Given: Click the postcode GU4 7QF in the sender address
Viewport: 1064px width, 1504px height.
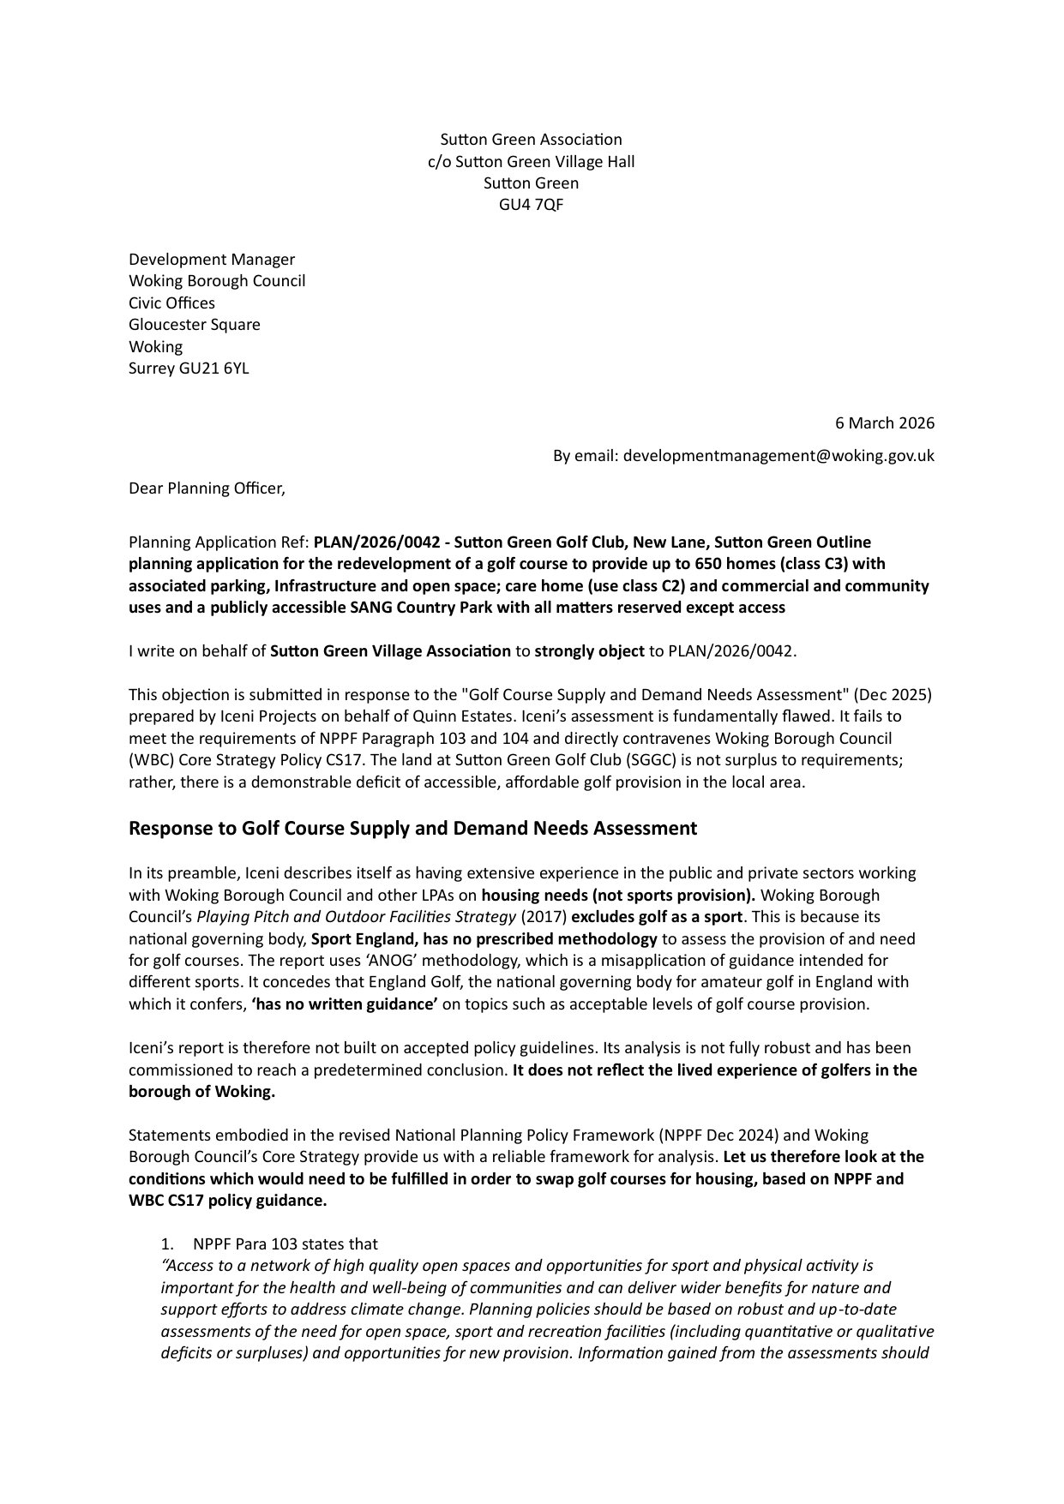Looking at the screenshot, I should click(531, 205).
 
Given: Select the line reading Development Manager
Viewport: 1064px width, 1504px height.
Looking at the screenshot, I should click(212, 260).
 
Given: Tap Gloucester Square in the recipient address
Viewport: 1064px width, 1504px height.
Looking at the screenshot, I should click(195, 325).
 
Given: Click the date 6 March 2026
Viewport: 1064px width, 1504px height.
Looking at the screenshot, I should click(885, 422).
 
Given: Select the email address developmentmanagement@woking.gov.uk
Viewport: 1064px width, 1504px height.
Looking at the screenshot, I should click(778, 456).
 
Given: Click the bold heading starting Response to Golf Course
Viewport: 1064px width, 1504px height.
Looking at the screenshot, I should click(412, 829).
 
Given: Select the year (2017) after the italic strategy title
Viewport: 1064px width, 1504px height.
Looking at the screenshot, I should click(544, 917).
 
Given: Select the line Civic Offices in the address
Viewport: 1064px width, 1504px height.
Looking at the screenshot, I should click(171, 303).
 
